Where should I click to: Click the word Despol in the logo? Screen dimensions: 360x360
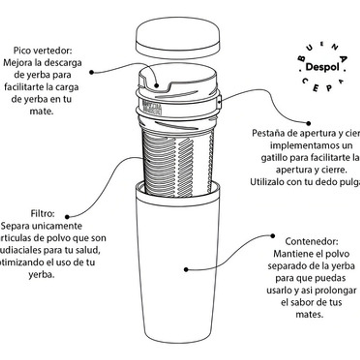pyautogui.click(x=323, y=67)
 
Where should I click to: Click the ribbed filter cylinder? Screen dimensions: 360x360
pyautogui.click(x=178, y=161)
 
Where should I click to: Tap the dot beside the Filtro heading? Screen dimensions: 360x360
pyautogui.click(x=67, y=217)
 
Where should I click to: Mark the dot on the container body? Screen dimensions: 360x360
pyautogui.click(x=186, y=270)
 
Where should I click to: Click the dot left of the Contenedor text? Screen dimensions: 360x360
pyautogui.click(x=273, y=235)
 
